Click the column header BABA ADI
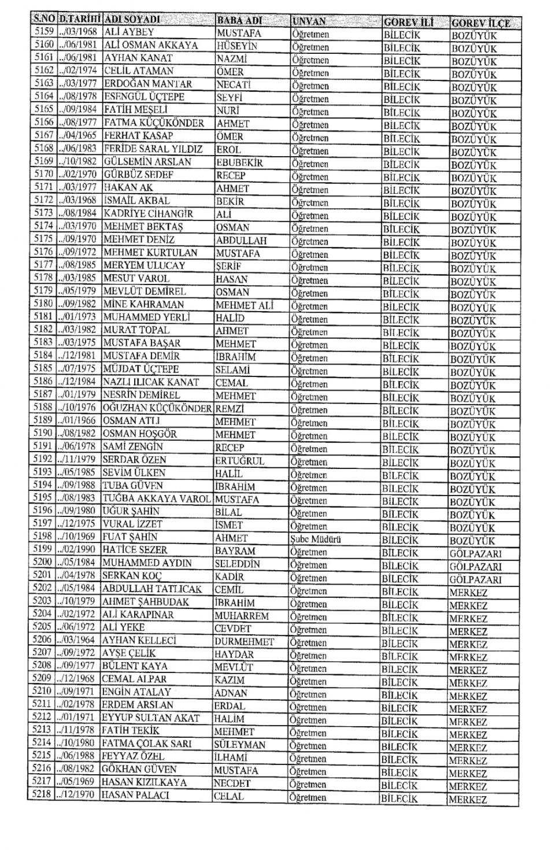[240, 21]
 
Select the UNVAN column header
[309, 21]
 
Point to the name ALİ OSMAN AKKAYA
[151, 45]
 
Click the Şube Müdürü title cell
[316, 539]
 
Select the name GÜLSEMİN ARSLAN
[147, 162]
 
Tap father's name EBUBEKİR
[239, 163]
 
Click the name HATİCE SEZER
[135, 550]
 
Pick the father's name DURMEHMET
[244, 641]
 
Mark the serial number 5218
[41, 794]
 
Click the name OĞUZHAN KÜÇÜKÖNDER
[157, 408]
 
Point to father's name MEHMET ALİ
[244, 305]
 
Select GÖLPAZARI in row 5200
[475, 567]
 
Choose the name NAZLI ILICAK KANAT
[150, 382]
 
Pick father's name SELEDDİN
[237, 563]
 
